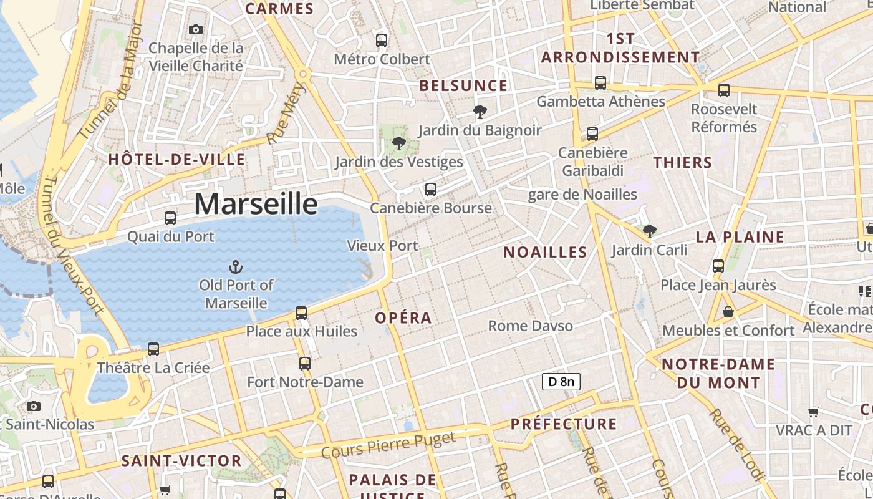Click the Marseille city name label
coord(256,204)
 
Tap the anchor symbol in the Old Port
coord(236,268)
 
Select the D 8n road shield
coord(561,382)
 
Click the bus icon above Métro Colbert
coord(382,41)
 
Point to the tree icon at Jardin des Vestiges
coord(398,144)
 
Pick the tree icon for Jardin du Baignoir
coord(480,112)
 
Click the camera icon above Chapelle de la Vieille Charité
coord(196,29)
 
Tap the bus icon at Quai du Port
coord(170,218)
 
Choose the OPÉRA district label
coord(403,318)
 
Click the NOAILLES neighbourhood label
coord(545,252)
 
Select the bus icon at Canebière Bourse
coord(430,190)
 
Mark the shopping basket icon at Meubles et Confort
coord(728,312)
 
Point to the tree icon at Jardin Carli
coord(649,231)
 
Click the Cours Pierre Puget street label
coord(389,445)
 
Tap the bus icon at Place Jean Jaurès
coord(718,266)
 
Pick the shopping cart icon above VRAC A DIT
coord(813,412)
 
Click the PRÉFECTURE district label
coord(564,424)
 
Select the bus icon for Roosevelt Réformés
coord(724,90)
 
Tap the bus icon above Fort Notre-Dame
coord(305,363)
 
